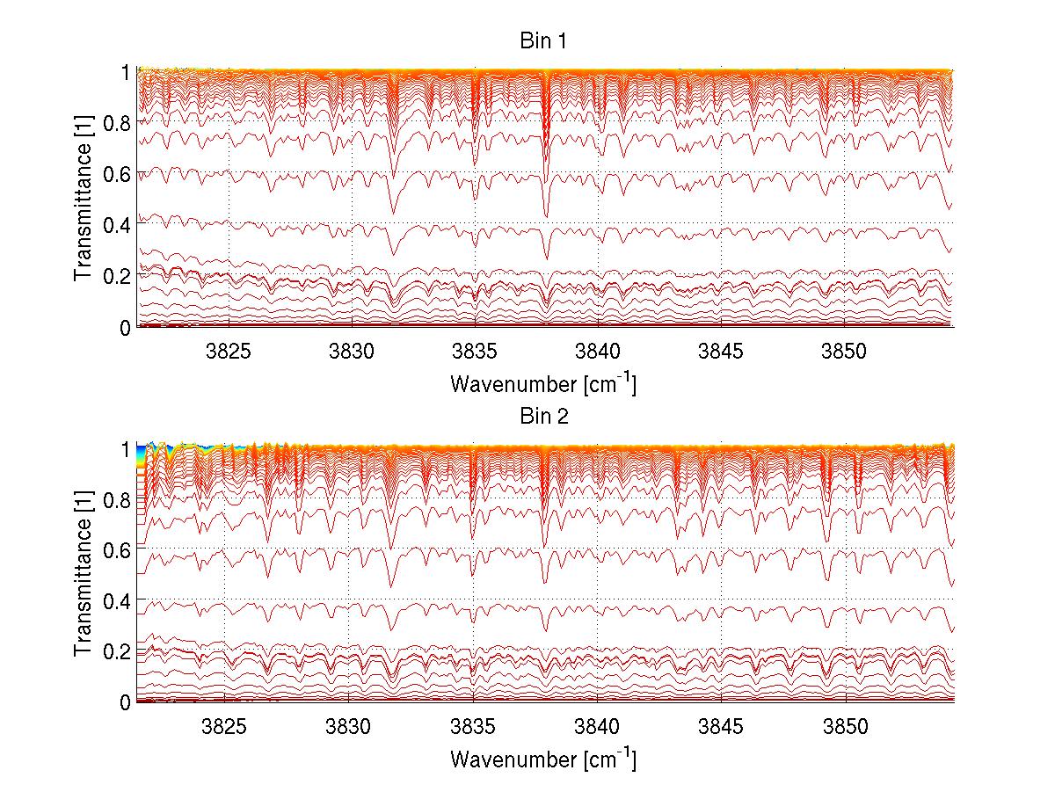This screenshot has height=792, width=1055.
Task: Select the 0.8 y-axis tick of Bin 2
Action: tap(115, 499)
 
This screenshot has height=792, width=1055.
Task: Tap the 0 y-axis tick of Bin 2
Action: tap(126, 701)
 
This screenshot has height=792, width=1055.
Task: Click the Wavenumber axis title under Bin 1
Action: tap(543, 384)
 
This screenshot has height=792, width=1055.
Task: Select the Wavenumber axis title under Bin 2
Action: tap(543, 759)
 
